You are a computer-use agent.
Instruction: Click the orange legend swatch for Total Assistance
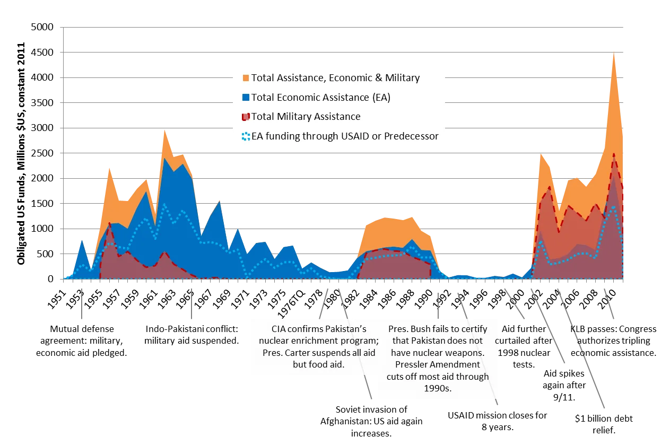click(245, 78)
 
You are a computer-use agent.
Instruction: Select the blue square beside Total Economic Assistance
click(245, 98)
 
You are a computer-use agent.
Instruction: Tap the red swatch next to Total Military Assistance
click(245, 117)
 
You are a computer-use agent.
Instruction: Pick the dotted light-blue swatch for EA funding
click(245, 136)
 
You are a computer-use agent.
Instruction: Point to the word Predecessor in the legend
click(411, 136)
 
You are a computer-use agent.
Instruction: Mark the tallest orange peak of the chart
click(614, 53)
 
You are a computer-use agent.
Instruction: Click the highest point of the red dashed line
click(614, 154)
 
